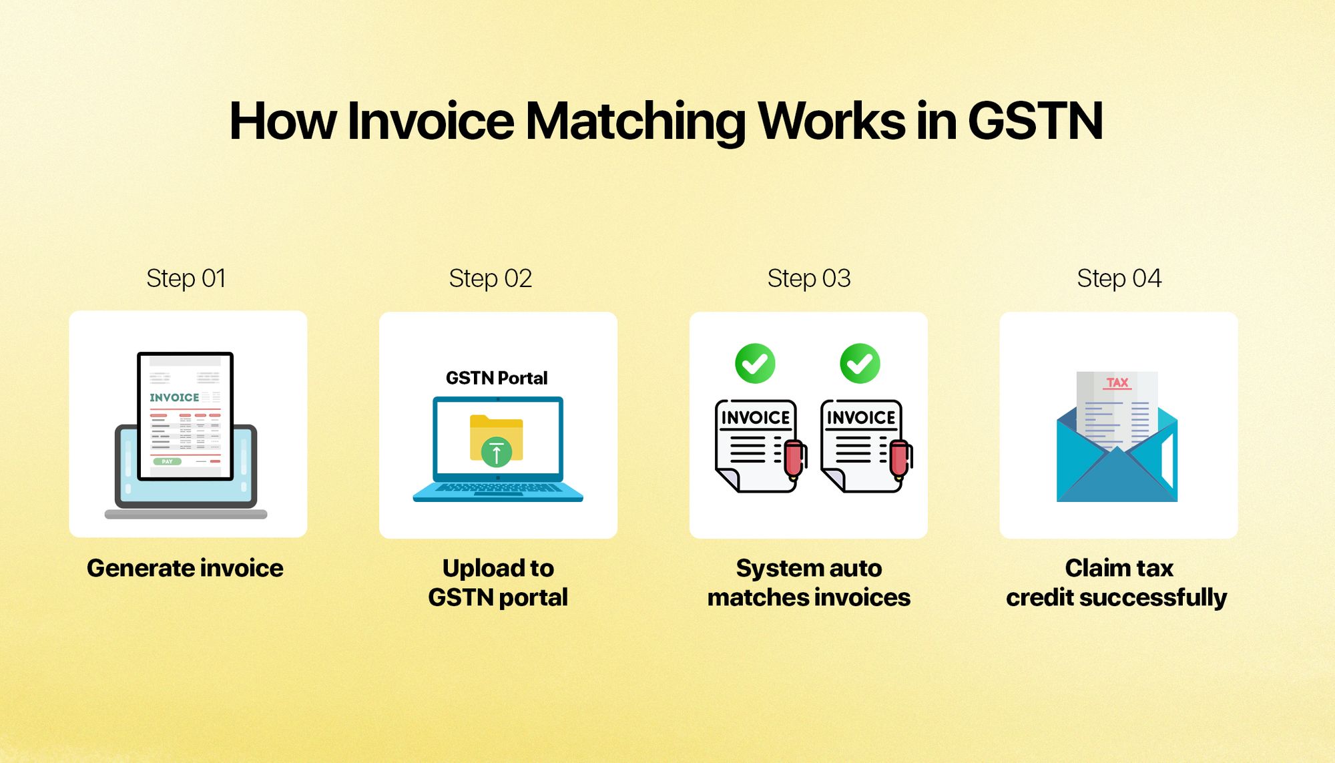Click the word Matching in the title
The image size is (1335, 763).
pyautogui.click(x=635, y=122)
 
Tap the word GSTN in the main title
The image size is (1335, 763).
pyautogui.click(x=1035, y=121)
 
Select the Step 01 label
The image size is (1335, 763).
pyautogui.click(x=186, y=279)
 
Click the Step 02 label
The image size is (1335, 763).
pyautogui.click(x=491, y=279)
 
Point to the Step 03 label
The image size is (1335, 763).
pyautogui.click(x=809, y=279)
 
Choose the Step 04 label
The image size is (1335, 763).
pyautogui.click(x=1119, y=279)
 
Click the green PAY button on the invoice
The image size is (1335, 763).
pyautogui.click(x=167, y=461)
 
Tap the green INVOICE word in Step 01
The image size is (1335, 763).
pyautogui.click(x=174, y=397)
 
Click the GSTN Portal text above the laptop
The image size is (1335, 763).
pyautogui.click(x=497, y=378)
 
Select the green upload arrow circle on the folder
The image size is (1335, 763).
pyautogui.click(x=496, y=453)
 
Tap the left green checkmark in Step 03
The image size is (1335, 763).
pyautogui.click(x=755, y=364)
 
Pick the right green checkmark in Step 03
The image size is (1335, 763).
pyautogui.click(x=860, y=364)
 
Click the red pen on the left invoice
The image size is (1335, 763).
pyautogui.click(x=794, y=459)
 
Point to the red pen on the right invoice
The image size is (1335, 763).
pyautogui.click(x=900, y=459)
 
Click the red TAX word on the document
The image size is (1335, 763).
pyautogui.click(x=1117, y=383)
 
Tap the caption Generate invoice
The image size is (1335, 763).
pyautogui.click(x=185, y=568)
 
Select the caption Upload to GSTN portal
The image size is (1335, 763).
pyautogui.click(x=498, y=583)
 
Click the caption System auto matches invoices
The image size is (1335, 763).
pyautogui.click(x=809, y=583)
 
